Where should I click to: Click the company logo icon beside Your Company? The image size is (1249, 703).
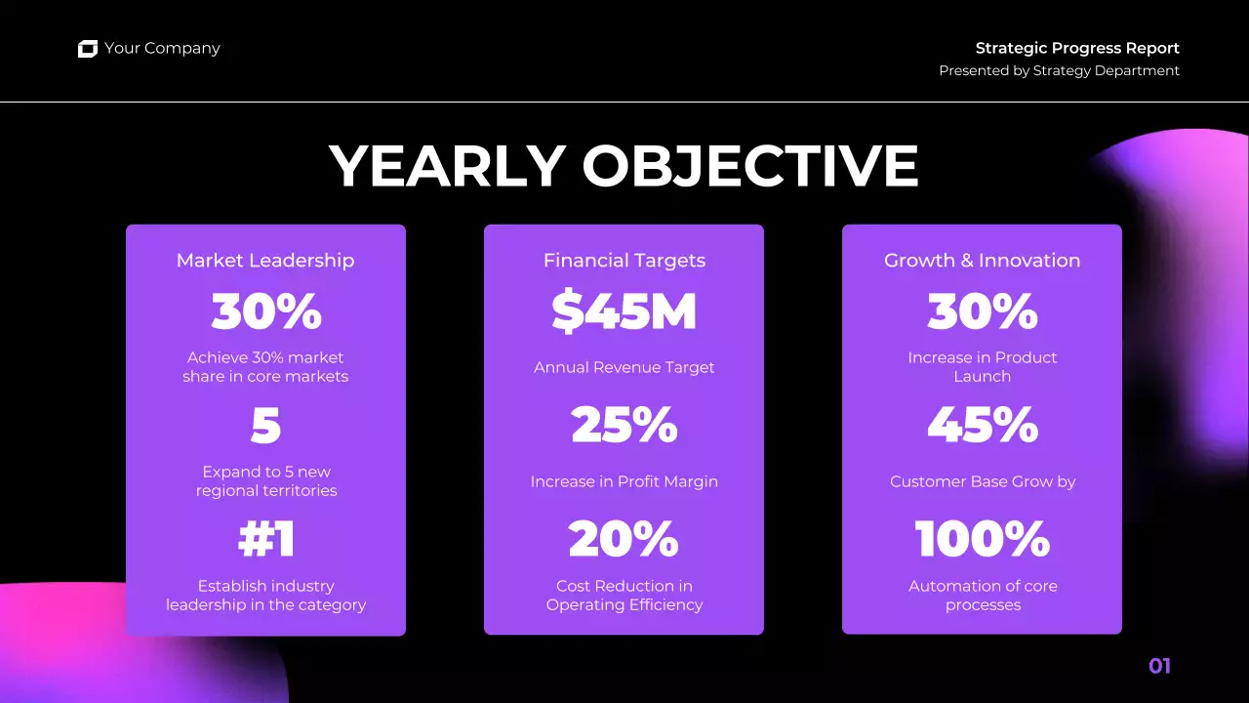(88, 49)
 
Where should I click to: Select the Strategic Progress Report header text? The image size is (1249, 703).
(1077, 48)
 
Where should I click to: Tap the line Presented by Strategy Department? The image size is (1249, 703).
(1059, 70)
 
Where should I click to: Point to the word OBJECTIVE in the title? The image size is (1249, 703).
(750, 166)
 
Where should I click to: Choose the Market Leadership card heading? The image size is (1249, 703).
(265, 261)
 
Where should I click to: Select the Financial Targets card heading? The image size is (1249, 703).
(624, 261)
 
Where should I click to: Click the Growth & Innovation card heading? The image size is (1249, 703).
(982, 261)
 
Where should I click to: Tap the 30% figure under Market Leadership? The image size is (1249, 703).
(266, 311)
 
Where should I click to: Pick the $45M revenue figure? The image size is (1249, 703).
(624, 311)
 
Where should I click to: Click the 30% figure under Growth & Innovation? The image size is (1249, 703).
(983, 311)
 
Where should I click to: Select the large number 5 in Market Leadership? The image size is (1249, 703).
(265, 426)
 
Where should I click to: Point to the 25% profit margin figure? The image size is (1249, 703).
(624, 426)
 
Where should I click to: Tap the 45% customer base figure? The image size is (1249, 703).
(983, 426)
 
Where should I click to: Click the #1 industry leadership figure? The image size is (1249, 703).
(266, 540)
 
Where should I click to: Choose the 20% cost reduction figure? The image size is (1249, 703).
(624, 540)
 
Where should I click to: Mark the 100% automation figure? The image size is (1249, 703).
(983, 540)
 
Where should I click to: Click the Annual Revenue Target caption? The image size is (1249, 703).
(624, 368)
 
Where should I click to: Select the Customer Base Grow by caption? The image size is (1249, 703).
(983, 481)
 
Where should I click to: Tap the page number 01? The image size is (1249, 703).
(1159, 666)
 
